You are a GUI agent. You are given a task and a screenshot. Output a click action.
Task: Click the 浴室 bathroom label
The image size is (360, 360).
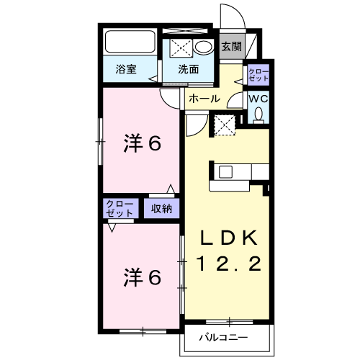pos(127,69)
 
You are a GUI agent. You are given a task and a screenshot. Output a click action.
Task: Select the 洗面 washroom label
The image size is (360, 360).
pos(189,69)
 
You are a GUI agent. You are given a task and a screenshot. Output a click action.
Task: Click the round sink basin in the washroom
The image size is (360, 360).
pos(204,48)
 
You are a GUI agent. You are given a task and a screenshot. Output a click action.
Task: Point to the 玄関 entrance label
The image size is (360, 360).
pos(231,47)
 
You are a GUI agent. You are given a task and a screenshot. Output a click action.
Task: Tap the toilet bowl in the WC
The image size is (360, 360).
pos(258,114)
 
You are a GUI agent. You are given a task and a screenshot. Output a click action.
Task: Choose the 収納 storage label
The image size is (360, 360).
pos(161,209)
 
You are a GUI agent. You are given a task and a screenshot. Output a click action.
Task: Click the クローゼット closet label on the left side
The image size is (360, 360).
pos(120,209)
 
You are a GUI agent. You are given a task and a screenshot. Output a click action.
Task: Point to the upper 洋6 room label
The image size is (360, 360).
pos(141,144)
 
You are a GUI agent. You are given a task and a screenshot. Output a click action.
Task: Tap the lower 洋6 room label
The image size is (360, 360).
pos(141,276)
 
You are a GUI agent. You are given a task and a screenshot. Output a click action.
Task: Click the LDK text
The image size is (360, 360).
pos(228,238)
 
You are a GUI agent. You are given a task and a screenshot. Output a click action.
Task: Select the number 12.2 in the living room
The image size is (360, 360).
pos(228,265)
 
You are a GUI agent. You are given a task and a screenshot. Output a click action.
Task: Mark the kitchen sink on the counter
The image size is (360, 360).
pos(225,171)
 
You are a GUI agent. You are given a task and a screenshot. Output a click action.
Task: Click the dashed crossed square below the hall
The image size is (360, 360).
pos(225,125)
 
